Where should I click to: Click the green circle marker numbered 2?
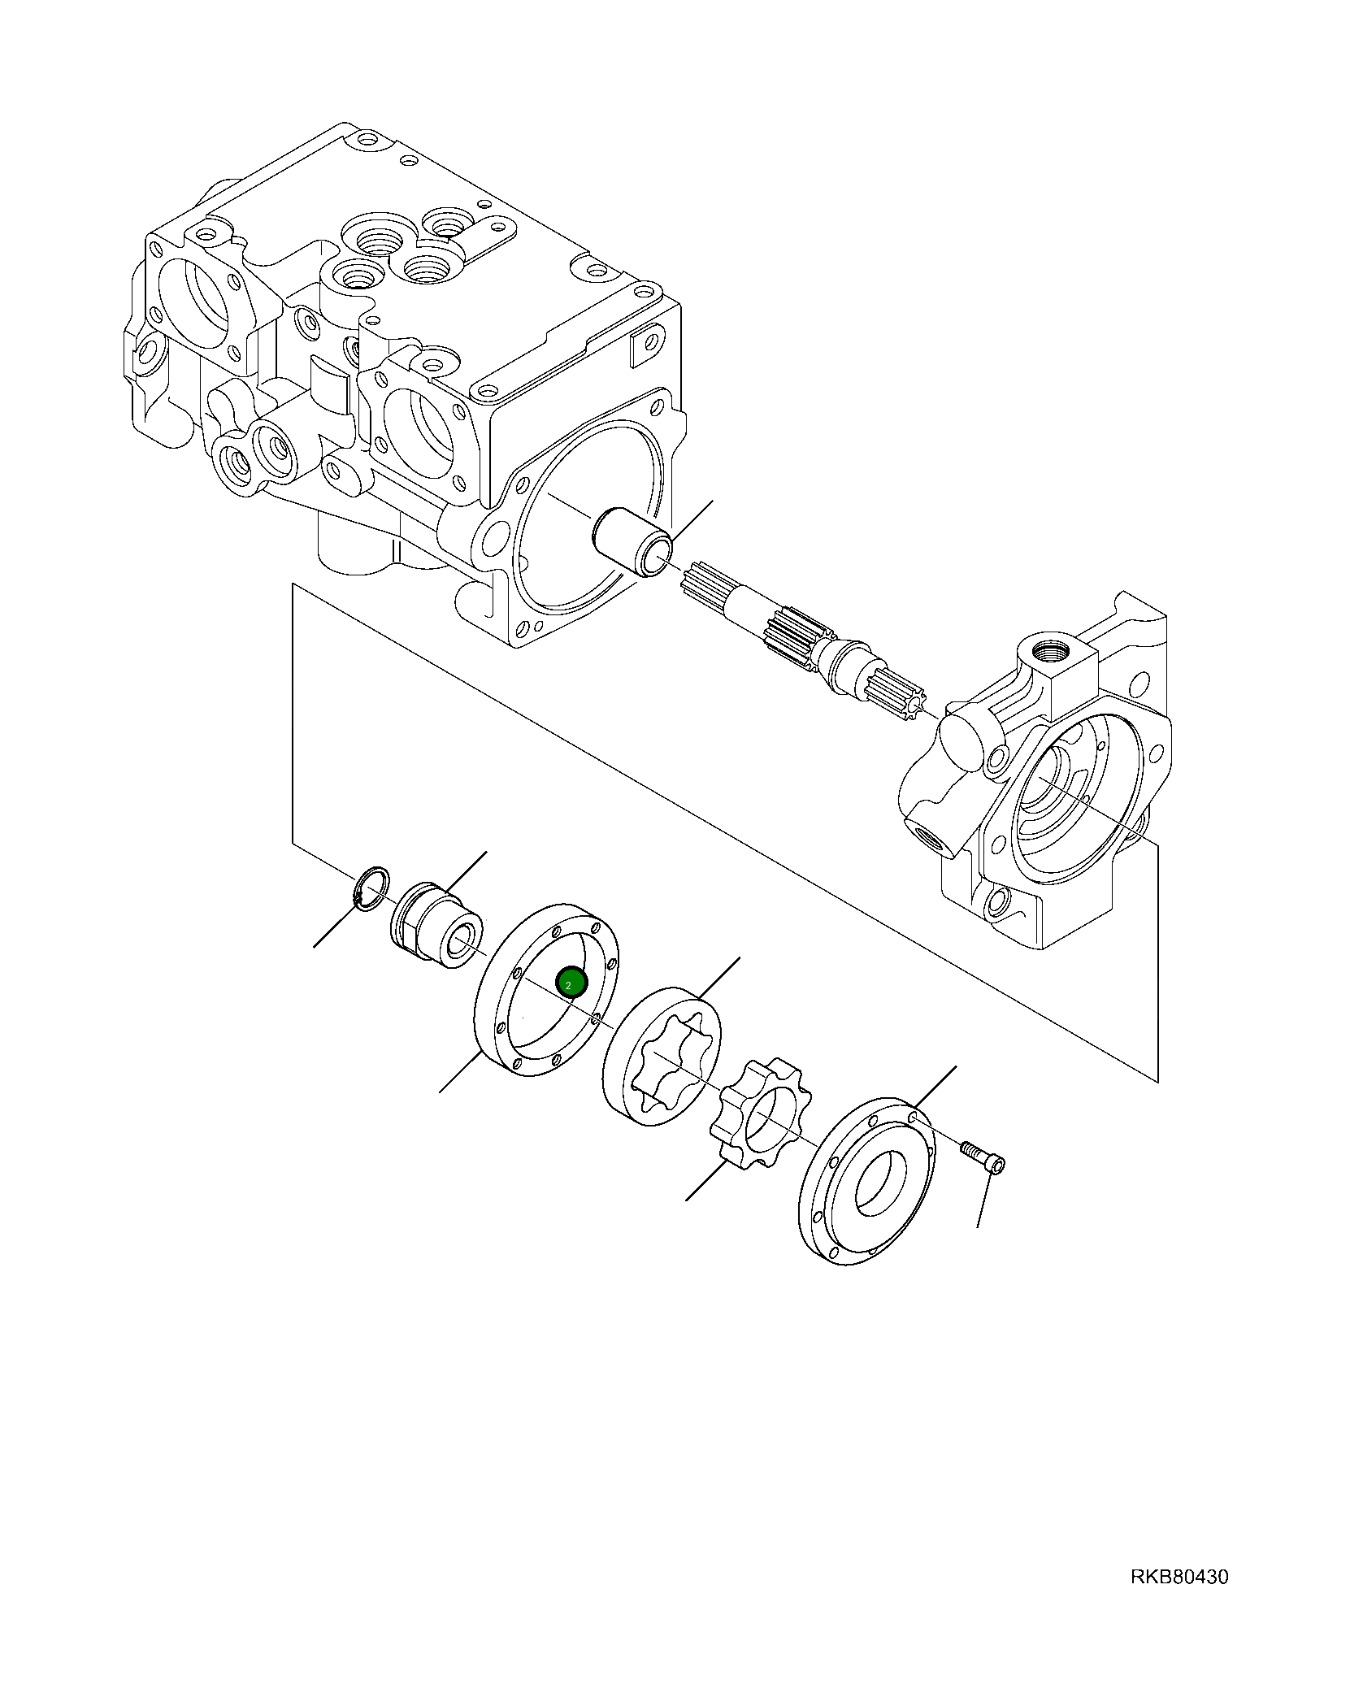pyautogui.click(x=570, y=983)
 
